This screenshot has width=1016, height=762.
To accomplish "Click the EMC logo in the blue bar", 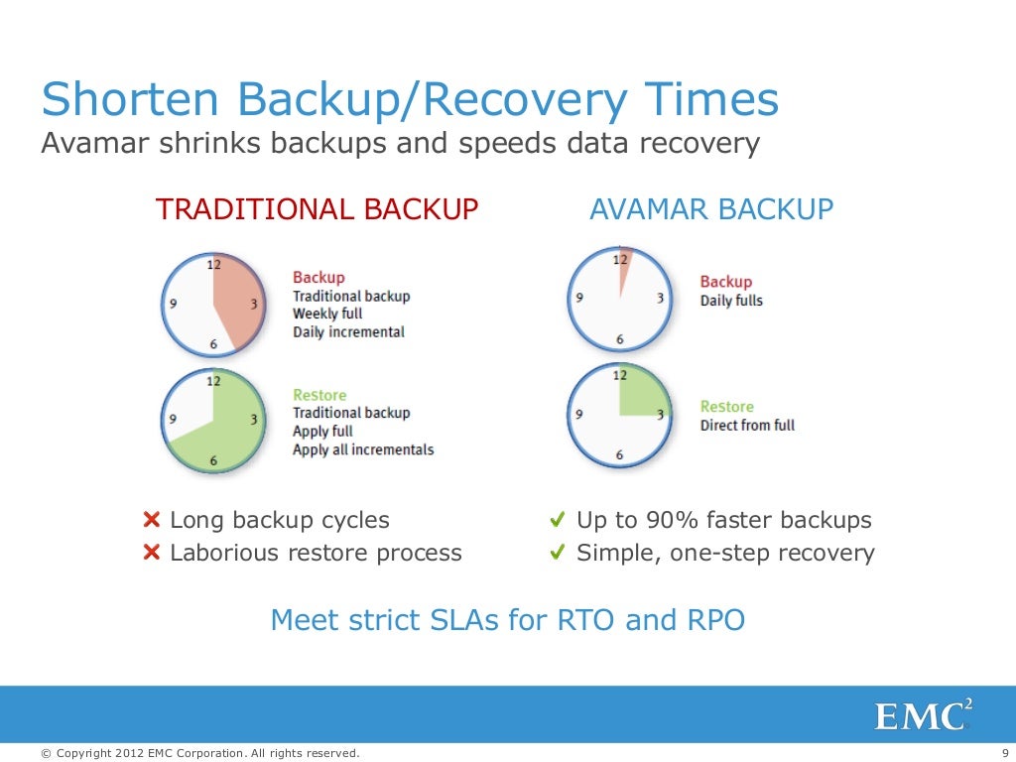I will tap(922, 715).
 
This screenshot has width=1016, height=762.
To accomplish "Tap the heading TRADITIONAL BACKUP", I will tap(317, 209).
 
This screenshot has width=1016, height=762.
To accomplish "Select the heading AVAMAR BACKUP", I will tap(711, 209).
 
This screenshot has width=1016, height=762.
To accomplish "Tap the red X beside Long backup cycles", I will tap(152, 520).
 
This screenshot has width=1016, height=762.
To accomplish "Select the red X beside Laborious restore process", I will tap(152, 553).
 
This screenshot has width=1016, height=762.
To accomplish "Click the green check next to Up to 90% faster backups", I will tap(558, 520).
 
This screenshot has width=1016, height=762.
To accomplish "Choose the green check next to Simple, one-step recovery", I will tap(558, 553).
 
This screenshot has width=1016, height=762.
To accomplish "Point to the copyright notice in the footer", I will tap(199, 753).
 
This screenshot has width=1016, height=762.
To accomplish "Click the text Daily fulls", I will tap(731, 301).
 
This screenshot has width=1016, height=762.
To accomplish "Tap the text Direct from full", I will tap(747, 426).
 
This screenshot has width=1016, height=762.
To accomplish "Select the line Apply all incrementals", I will tap(363, 449).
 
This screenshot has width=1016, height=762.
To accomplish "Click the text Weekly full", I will tap(327, 314).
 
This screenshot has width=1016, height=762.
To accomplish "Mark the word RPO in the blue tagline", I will tap(715, 620).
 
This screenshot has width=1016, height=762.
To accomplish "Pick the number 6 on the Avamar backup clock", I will tap(620, 339).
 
